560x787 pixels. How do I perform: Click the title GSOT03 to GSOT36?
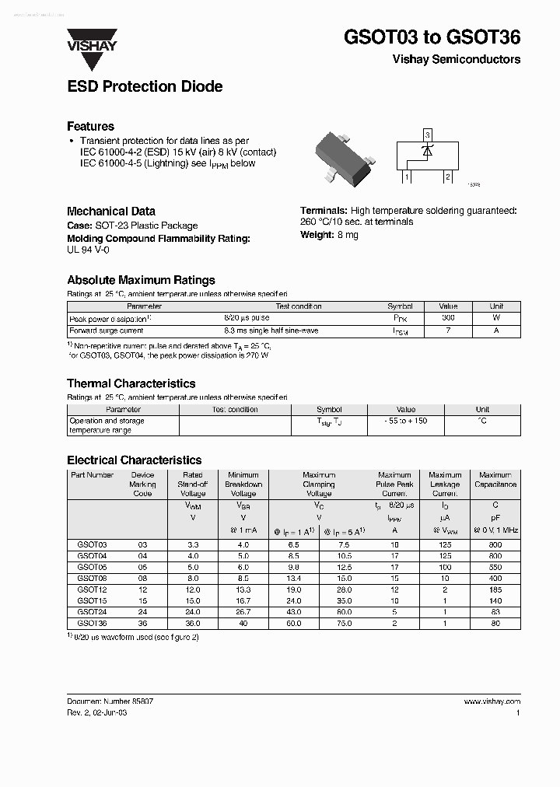point(432,37)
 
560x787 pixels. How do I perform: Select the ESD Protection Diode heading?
point(145,86)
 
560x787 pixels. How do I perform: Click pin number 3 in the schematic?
point(427,135)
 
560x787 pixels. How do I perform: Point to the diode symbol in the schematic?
point(426,152)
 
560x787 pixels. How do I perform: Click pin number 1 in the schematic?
point(407,177)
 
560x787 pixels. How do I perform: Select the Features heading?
point(90,126)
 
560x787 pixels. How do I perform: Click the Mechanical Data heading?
point(110,211)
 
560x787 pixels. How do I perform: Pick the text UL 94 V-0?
point(89,250)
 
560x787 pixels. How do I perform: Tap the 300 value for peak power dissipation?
point(448,318)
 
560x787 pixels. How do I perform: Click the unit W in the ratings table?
point(496,318)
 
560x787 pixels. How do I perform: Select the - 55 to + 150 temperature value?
point(405,421)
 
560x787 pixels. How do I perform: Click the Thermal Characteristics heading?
point(131,383)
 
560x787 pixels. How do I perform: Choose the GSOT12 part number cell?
point(92,589)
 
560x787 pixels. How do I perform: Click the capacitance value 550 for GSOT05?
point(495,568)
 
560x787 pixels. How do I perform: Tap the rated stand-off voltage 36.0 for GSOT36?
point(192,623)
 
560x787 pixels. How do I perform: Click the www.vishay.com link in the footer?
point(492,701)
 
